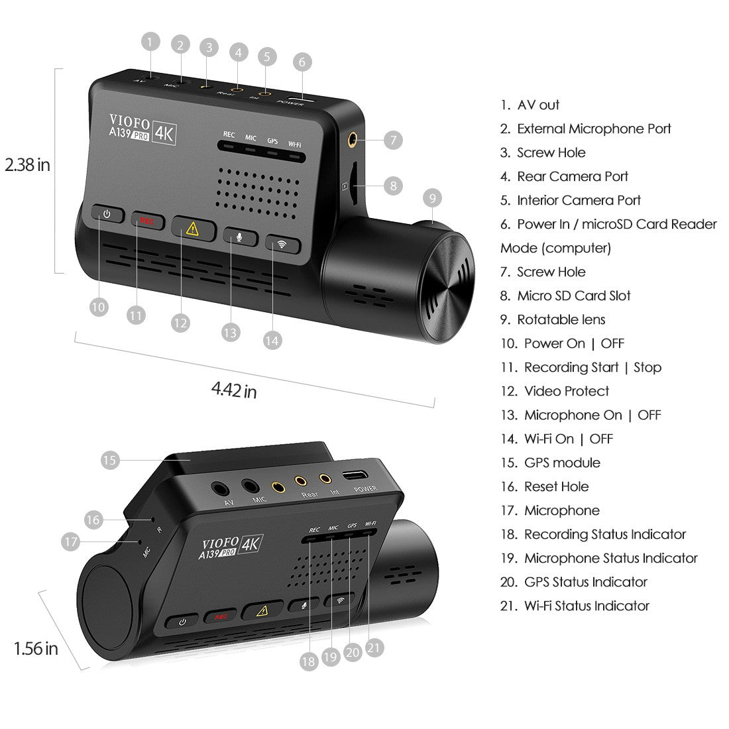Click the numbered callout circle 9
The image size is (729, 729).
coord(432,197)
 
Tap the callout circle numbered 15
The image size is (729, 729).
coord(111,459)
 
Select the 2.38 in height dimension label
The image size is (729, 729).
coord(27,164)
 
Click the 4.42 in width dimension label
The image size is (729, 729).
coord(234,390)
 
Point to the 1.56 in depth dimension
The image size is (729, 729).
coord(36,647)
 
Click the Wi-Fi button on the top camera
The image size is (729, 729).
coord(283,243)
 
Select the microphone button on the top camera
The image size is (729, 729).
coord(239,237)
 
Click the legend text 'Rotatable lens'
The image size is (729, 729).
coord(561,319)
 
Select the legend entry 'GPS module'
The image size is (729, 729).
coord(562,463)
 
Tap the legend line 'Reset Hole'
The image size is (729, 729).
coord(556,486)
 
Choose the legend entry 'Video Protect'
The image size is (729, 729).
coord(566,391)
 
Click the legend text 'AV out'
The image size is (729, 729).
coord(538,105)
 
